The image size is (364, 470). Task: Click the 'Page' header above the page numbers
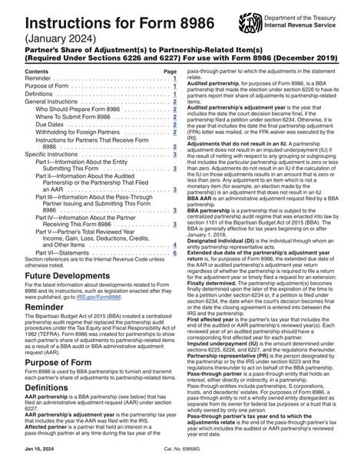[170, 71]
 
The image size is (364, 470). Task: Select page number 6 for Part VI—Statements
[175, 252]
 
